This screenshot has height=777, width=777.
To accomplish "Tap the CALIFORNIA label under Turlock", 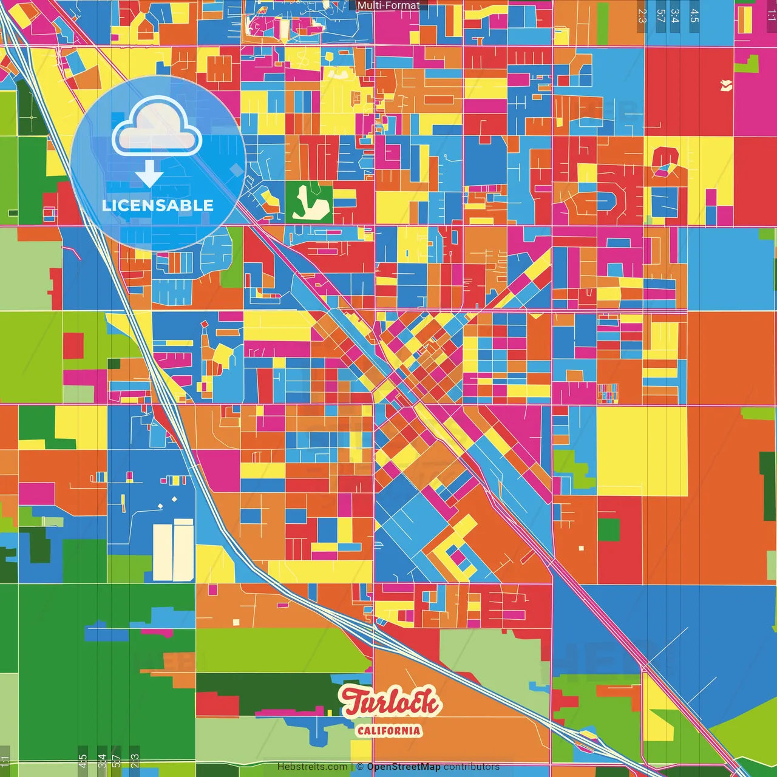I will coord(388,730).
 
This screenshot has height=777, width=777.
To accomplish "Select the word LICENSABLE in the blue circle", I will coord(157,205).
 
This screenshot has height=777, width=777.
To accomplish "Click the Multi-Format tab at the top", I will coord(388,5).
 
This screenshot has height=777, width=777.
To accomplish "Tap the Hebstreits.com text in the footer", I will coord(312,767).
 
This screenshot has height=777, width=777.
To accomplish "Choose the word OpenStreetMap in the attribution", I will coord(403,767).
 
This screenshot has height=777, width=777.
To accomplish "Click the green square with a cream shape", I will coord(309,202).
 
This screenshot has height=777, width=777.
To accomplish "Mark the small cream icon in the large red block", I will coord(725,86).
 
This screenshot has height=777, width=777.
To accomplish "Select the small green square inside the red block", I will coord(608,530).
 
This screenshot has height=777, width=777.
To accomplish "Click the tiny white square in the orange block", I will coord(581,548).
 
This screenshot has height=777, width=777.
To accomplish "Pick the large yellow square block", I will coord(642,451).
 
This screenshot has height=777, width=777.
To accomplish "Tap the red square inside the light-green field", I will coord(73,345).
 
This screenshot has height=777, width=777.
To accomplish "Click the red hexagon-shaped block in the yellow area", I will coord(665,160).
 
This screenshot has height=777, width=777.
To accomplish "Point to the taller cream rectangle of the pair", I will coord(183,550).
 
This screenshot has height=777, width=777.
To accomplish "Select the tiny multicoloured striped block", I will coord(608,393).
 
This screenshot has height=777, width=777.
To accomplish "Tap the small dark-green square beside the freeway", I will coord(114,364).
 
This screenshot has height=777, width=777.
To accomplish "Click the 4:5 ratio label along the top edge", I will coord(694,16).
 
